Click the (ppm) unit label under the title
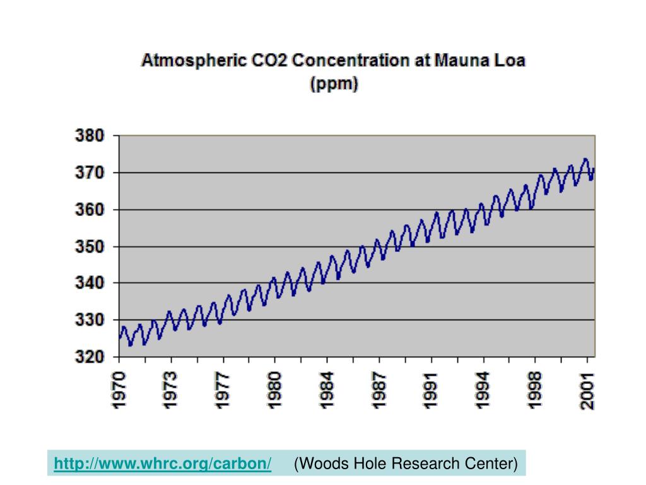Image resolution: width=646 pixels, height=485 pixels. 334,84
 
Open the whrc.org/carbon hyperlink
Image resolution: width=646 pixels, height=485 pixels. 163,464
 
